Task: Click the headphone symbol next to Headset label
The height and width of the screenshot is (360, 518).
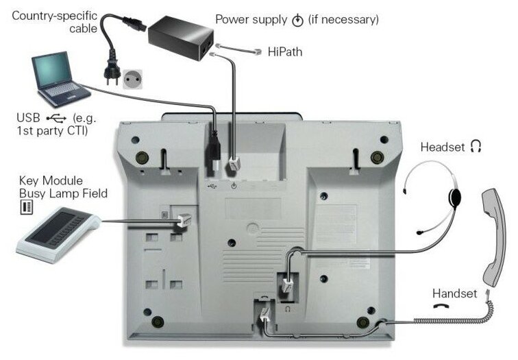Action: click(x=478, y=147)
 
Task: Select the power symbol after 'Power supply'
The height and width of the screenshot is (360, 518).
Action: click(x=297, y=21)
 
